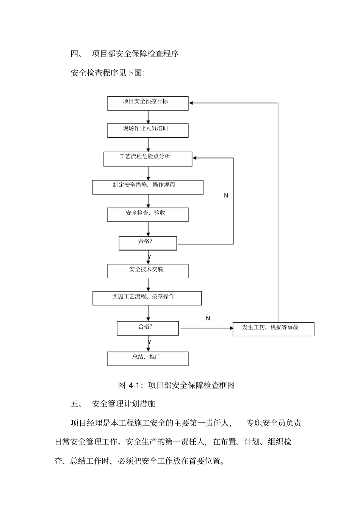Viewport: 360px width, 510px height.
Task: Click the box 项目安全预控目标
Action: click(x=147, y=103)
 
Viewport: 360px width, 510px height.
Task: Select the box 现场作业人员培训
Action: click(x=147, y=130)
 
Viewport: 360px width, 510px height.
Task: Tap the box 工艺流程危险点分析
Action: click(x=147, y=159)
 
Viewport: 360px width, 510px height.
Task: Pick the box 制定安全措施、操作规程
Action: click(x=147, y=187)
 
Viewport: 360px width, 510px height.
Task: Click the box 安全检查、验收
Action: click(x=147, y=215)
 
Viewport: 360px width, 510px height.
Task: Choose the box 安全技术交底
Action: click(x=147, y=271)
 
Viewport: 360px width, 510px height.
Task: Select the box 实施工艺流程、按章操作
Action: click(x=147, y=298)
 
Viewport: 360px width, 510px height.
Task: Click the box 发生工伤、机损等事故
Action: click(x=273, y=329)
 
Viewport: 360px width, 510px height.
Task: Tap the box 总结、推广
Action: click(x=147, y=358)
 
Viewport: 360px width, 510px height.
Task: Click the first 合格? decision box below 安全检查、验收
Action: click(x=147, y=243)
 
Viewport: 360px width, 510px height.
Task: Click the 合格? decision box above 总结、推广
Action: click(x=147, y=328)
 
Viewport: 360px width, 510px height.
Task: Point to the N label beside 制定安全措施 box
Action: click(x=226, y=196)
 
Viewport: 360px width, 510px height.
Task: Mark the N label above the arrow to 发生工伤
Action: click(x=208, y=319)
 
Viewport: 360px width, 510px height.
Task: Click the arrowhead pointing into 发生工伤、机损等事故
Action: click(x=231, y=328)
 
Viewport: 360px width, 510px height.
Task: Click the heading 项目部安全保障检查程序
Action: click(x=135, y=54)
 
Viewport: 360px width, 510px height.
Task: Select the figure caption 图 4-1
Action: click(x=177, y=385)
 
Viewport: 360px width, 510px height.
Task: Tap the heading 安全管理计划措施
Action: click(x=124, y=404)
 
